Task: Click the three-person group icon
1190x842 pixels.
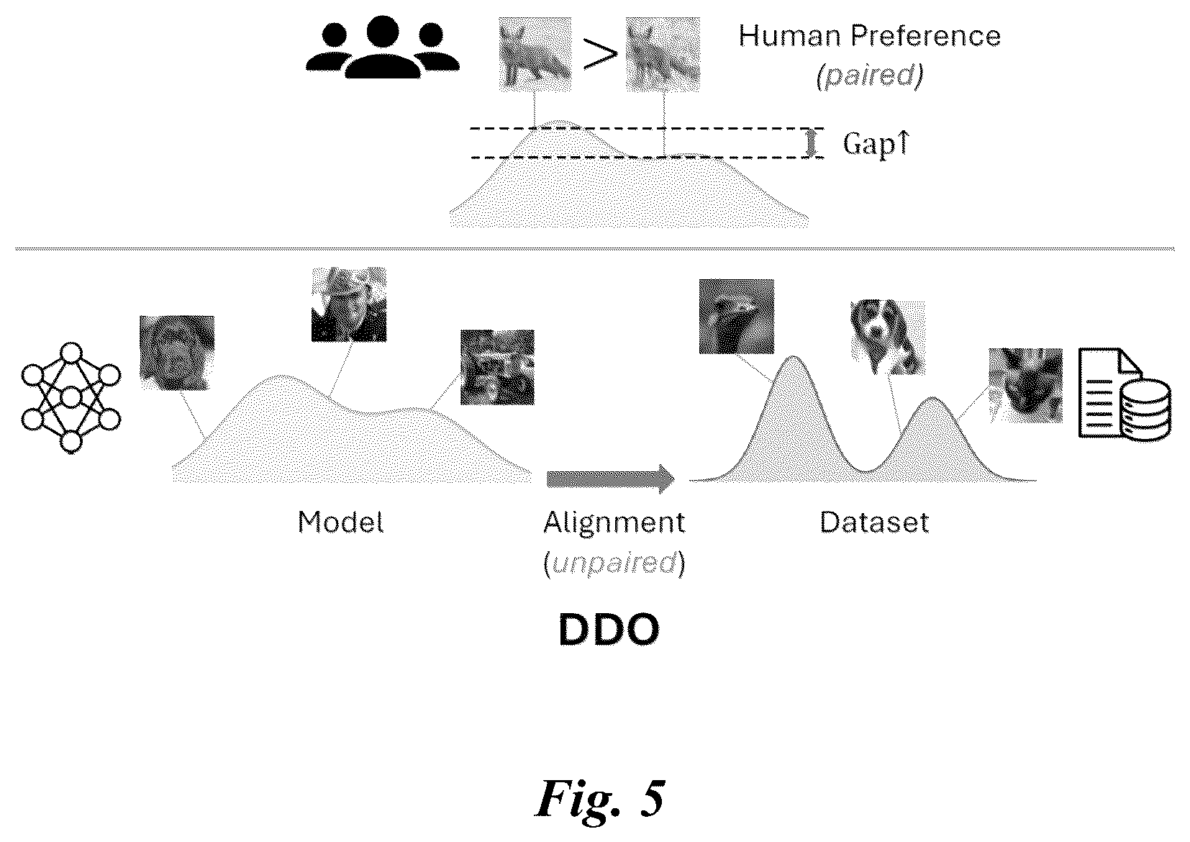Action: coord(383,47)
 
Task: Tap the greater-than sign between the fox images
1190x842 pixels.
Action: coord(600,54)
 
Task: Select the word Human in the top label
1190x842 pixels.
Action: coord(791,36)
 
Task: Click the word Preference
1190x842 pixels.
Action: coord(926,36)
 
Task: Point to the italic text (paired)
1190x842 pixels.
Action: coord(870,76)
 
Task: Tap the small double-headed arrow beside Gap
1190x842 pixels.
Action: coord(811,144)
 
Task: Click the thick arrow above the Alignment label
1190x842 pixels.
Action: coord(611,479)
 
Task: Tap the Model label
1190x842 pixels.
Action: coord(340,522)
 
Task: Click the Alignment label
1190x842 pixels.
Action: coord(614,522)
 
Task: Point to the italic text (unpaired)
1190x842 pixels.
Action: coord(614,563)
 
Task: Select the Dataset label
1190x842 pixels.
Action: coord(874,522)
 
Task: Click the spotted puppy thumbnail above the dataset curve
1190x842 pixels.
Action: coord(888,338)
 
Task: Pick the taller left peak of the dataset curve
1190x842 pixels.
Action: coord(793,357)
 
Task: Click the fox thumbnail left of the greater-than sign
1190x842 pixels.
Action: coord(535,54)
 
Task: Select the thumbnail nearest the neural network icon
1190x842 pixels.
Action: coord(177,353)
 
